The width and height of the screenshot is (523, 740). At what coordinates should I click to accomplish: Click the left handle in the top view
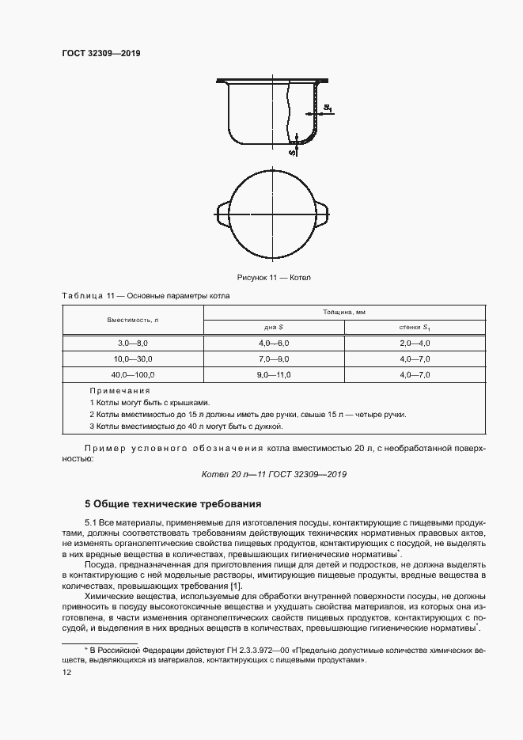coord(222,211)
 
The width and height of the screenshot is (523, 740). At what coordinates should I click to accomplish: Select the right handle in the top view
coord(321,211)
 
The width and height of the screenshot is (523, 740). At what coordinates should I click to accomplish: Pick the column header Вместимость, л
coord(133,319)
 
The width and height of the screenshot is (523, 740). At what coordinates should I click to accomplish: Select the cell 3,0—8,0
coord(133,343)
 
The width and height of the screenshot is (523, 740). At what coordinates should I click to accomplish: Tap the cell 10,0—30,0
coord(133,359)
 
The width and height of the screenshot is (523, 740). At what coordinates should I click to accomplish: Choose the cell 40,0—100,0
coord(133,374)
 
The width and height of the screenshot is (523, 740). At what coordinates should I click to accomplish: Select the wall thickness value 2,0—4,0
coord(414,343)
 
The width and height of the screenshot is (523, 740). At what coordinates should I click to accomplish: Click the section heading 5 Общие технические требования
coord(172,503)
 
